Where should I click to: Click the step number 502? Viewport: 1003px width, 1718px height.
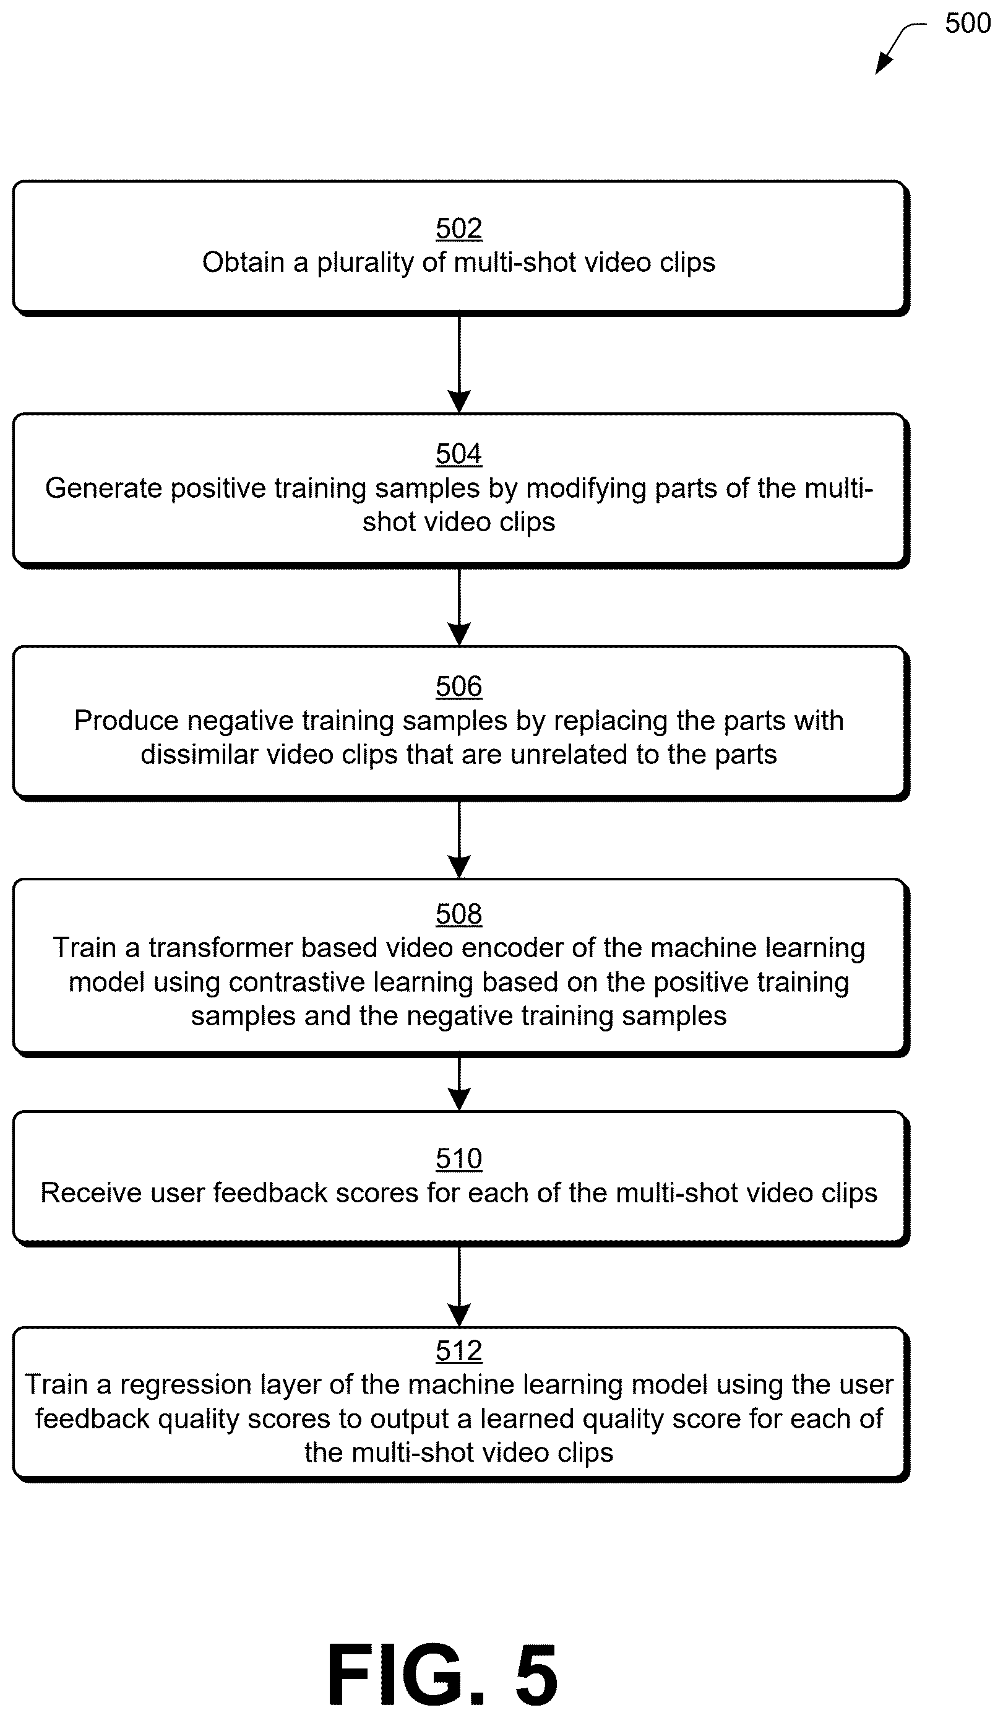coord(458,228)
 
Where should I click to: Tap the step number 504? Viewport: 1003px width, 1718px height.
coord(458,454)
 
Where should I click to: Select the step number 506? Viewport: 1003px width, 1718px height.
coord(458,687)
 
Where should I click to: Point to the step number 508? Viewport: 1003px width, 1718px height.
coord(458,914)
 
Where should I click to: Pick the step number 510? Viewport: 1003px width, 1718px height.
coord(458,1159)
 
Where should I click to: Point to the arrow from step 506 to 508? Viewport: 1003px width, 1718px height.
coord(459,840)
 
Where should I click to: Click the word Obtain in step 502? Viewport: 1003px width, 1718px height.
coord(243,262)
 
